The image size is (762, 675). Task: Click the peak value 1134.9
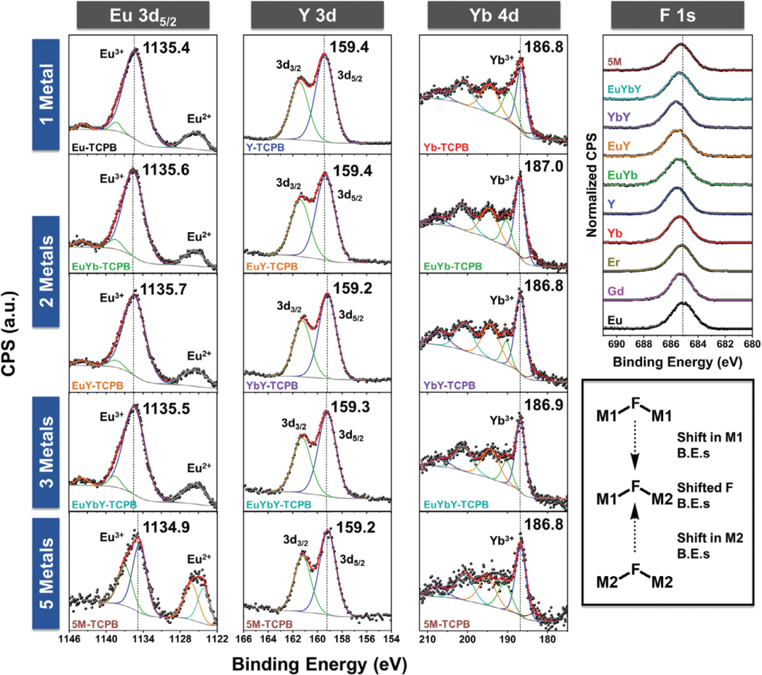click(x=167, y=525)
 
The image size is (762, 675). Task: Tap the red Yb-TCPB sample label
click(x=444, y=148)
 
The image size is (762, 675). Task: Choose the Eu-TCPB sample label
click(x=93, y=148)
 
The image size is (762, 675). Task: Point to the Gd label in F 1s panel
click(x=617, y=291)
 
